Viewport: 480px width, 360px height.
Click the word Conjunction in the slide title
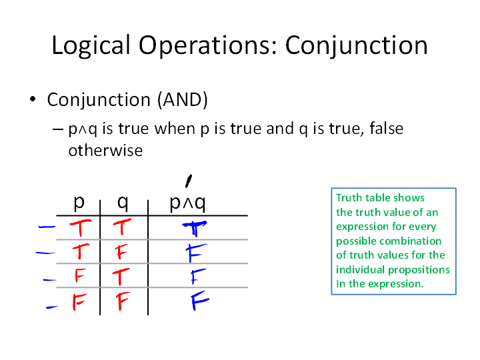coord(356,46)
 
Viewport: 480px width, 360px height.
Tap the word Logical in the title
coord(91,46)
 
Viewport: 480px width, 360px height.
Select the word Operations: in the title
coord(208,46)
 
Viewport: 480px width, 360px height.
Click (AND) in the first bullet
coord(183,100)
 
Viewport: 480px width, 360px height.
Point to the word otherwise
coord(105,151)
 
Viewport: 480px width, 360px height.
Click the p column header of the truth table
coord(79,203)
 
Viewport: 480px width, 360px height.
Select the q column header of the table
coord(123,203)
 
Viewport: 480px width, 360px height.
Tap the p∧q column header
coord(187,203)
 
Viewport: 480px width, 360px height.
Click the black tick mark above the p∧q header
coord(189,181)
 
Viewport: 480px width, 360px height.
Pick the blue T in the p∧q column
coord(195,229)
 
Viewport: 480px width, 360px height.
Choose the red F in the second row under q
coord(122,252)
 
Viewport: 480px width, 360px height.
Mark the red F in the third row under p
coord(79,275)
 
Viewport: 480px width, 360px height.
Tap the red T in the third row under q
coord(121,277)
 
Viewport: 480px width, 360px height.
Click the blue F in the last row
coord(200,301)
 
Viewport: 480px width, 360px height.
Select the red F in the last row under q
coord(123,301)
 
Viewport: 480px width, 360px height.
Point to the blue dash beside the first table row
coord(47,227)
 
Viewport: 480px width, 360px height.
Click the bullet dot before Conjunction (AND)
coord(33,99)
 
